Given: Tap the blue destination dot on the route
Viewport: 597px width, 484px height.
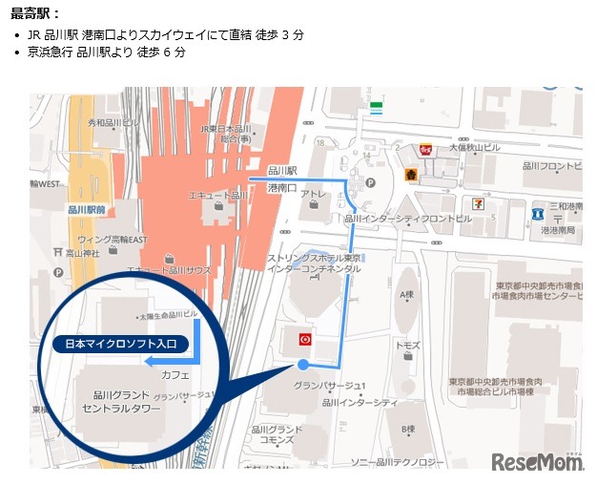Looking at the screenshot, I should [x=303, y=365].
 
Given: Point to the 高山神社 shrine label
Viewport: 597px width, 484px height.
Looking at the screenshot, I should [x=82, y=253].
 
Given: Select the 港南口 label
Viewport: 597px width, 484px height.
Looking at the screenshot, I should [x=283, y=187].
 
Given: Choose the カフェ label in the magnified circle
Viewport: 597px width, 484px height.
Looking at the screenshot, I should [x=175, y=375].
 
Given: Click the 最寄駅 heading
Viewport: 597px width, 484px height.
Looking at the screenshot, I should [x=34, y=14].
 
